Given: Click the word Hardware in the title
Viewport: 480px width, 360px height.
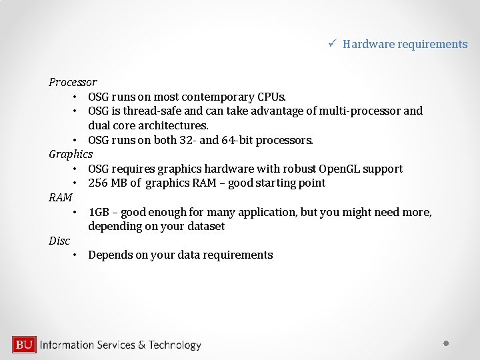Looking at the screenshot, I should (369, 44).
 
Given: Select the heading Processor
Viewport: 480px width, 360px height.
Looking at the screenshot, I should (73, 82).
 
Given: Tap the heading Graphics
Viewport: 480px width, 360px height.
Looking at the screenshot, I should (71, 154).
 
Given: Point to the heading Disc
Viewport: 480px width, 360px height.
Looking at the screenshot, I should (59, 241).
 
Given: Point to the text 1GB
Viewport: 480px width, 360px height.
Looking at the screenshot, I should (99, 212).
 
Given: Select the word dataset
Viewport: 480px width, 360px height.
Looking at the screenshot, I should (203, 226).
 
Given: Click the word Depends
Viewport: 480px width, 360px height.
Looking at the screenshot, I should (110, 255).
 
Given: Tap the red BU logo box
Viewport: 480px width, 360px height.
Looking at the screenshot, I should (24, 345).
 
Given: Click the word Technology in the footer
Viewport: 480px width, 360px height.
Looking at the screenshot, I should (175, 345).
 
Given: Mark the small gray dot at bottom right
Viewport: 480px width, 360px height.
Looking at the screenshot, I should (447, 343).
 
